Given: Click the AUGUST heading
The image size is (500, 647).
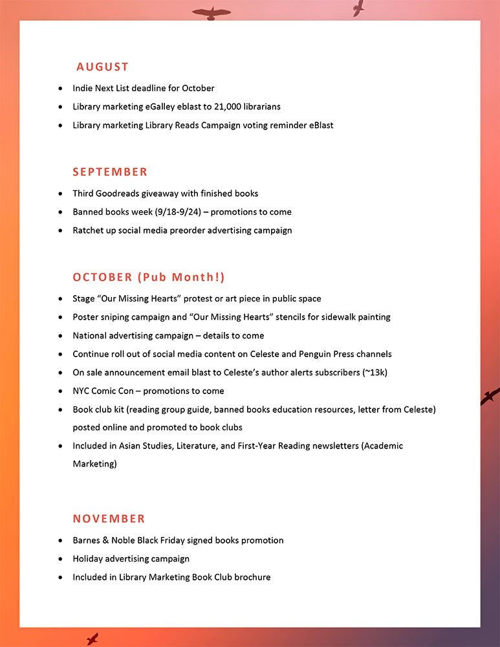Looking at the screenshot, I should coord(102,67).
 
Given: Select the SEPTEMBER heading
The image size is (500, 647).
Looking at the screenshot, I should coord(110,172).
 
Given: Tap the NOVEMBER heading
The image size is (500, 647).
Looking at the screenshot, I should coord(109,519).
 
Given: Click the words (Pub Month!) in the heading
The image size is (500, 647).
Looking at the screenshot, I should coord(181,278).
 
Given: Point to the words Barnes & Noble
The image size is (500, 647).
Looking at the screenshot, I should coord(103,540).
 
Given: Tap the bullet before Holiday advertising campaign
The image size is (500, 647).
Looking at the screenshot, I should coord(61,559).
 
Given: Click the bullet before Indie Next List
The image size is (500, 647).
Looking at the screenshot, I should coord(61,88).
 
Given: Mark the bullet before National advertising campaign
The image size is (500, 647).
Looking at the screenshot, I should coord(61,336).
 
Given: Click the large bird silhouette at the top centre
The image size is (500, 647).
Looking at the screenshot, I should coord(211,13).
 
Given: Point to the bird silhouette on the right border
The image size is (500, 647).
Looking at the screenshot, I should coord(490,396).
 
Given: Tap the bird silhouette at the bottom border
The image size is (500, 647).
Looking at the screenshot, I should coord(92,639).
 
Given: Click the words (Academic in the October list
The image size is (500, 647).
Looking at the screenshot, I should coord(382,446).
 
